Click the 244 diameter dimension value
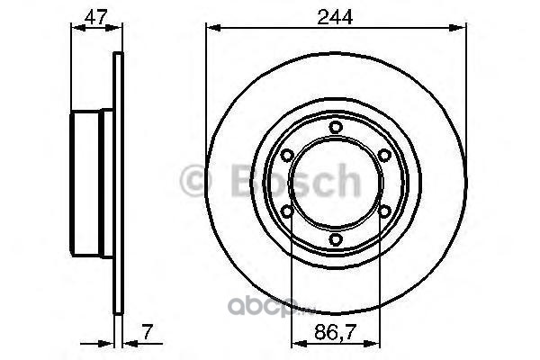tap(335, 17)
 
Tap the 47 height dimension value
tap(96, 17)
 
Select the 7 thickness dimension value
tap(147, 332)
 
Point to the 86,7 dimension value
tap(335, 332)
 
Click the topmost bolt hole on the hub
tap(336, 127)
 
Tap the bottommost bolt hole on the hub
tap(336, 239)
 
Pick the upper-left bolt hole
tap(286, 155)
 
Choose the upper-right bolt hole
tap(384, 155)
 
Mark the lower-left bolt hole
tap(286, 211)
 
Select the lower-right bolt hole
tap(384, 211)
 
